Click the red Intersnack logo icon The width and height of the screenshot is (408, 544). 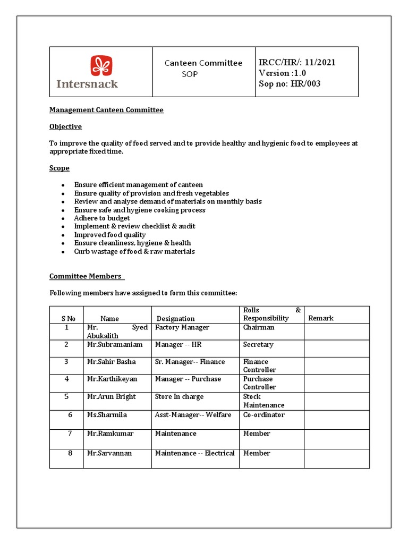point(101,66)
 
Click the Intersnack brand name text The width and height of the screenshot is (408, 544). point(87,83)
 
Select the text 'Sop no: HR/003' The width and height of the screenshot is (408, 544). point(290,83)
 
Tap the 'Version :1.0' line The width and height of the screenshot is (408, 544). point(282,73)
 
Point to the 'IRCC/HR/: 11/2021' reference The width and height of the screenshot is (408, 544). point(297,63)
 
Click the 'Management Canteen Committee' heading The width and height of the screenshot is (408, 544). point(106,110)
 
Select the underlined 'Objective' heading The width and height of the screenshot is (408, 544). point(65,126)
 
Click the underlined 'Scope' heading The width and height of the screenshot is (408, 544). point(59,168)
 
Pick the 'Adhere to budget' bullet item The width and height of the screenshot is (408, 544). point(102,218)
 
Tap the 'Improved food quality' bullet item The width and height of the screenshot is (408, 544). point(109,235)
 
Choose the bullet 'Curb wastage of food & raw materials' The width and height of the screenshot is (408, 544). point(134,251)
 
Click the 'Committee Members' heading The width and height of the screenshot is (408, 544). point(86,276)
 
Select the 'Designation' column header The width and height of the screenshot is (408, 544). point(175,319)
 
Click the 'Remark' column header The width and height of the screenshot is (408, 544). point(321,318)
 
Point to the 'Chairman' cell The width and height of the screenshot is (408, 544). point(259,328)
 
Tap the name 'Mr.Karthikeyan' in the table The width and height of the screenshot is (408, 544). point(112,379)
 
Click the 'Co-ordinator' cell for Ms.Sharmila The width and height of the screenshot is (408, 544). point(263,415)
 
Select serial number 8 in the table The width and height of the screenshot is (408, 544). point(67,453)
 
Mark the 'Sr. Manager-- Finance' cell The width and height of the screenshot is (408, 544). point(190,362)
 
